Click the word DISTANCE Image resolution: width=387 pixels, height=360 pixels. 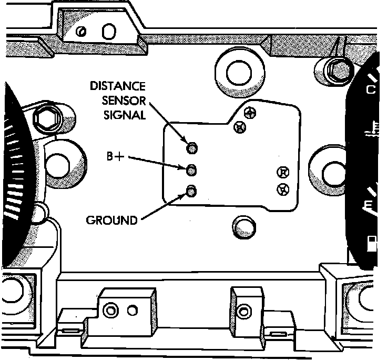(118, 86)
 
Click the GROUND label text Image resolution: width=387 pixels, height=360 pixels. (111, 219)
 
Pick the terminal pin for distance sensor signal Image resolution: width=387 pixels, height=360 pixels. (192, 147)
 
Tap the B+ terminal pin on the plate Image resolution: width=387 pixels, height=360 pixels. (192, 169)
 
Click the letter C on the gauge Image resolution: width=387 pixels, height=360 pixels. (371, 89)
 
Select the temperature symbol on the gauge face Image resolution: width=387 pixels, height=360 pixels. (371, 129)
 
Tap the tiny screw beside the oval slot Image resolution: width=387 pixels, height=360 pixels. (81, 32)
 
